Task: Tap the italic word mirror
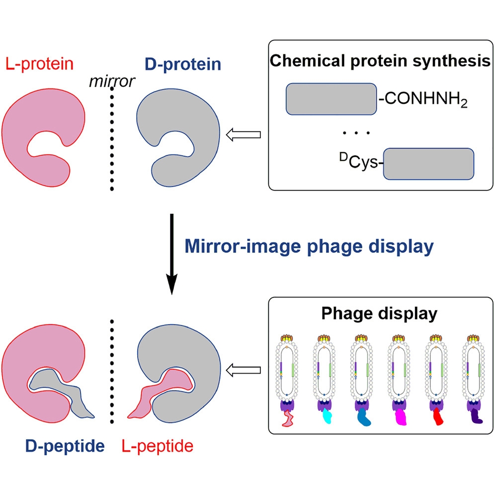(111, 81)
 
